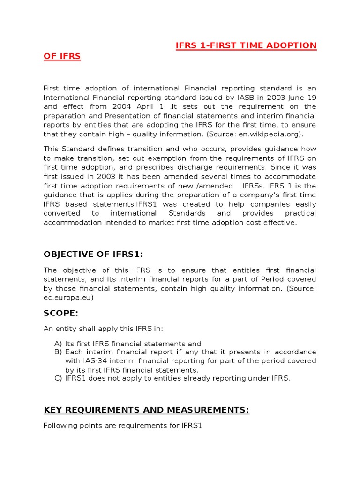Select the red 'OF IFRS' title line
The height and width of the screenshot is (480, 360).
(62, 56)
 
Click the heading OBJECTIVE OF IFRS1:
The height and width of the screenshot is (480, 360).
(93, 254)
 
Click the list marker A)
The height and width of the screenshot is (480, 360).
(58, 344)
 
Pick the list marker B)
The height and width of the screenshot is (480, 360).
(58, 352)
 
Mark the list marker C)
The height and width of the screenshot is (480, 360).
(58, 378)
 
